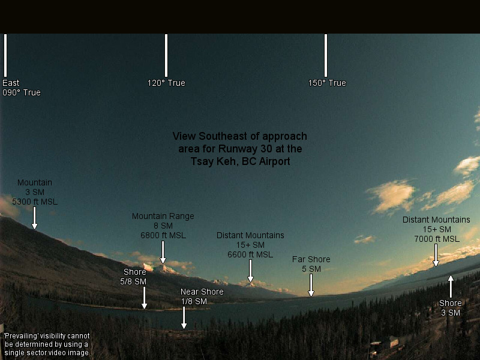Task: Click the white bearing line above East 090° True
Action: pos(5,55)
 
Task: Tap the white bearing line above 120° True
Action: pos(166,55)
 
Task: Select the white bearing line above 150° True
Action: pos(326,55)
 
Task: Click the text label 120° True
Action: pos(166,83)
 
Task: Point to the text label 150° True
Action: pos(327,83)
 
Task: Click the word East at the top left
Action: pos(11,83)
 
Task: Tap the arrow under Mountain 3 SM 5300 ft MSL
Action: pos(35,218)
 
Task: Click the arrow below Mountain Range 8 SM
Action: pos(163,252)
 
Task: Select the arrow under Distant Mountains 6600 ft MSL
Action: pos(250,271)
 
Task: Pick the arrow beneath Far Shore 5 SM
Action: pos(311,286)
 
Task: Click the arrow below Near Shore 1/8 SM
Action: pos(184,318)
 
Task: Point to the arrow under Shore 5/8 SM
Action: pos(144,298)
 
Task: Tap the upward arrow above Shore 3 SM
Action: pos(451,287)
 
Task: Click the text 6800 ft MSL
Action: pos(163,235)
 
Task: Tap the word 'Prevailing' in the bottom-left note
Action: pos(21,336)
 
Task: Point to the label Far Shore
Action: pos(311,259)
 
